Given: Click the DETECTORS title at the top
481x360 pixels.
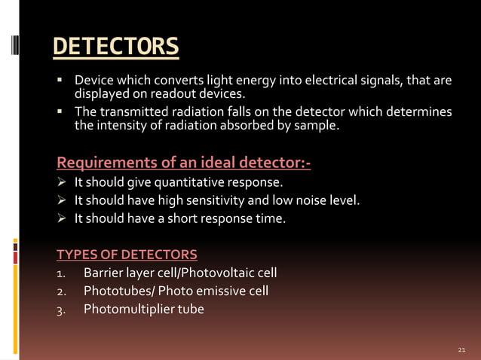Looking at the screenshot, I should coord(116,47).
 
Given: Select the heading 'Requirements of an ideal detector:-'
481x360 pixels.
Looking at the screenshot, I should coord(184,162).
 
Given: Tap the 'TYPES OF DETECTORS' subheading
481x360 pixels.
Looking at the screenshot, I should coord(127,254).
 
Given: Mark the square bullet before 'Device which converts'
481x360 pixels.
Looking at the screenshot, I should coord(60,80).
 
